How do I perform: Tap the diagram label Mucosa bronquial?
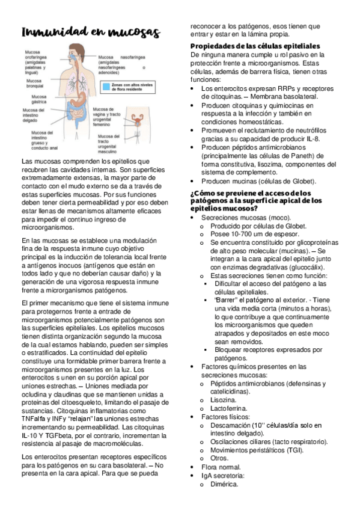[x=34, y=83]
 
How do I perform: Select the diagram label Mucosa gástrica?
[x=38, y=99]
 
